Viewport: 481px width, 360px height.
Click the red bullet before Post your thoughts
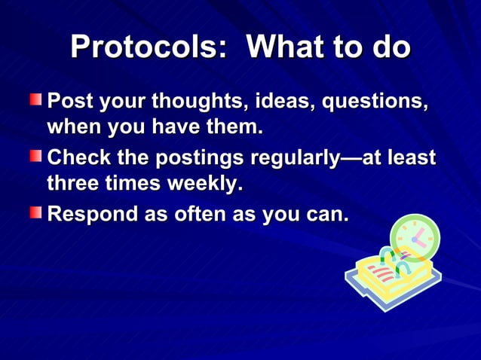(36, 100)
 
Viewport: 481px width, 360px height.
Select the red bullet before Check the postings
(36, 156)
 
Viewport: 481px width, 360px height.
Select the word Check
(77, 159)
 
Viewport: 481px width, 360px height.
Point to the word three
(72, 185)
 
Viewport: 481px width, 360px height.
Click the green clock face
(415, 237)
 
